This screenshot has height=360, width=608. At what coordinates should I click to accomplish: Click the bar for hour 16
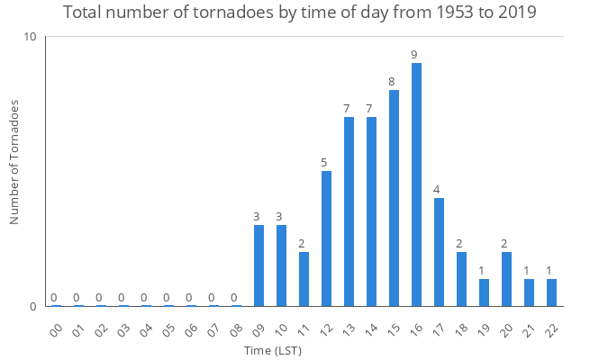(416, 184)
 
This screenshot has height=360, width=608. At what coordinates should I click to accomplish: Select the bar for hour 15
(394, 198)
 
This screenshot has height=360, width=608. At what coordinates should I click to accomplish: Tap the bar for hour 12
(326, 238)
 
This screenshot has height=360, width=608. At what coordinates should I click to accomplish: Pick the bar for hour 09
(259, 265)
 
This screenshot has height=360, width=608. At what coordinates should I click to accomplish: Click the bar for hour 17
(439, 252)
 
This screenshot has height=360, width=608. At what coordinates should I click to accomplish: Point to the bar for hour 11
(304, 279)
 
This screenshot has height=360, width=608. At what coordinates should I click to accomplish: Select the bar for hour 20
(506, 279)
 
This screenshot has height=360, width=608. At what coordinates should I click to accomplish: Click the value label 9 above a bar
(414, 55)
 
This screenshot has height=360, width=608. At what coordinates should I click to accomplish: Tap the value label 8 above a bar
(392, 82)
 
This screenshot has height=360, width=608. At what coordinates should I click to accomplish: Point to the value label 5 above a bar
(324, 163)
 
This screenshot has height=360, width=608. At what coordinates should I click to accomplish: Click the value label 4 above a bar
(437, 190)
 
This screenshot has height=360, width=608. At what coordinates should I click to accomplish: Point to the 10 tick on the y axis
(30, 37)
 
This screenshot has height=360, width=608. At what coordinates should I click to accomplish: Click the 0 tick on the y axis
(32, 306)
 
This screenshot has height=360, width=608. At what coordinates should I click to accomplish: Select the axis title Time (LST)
(273, 350)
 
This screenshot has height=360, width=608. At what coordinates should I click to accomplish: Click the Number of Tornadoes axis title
(14, 162)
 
